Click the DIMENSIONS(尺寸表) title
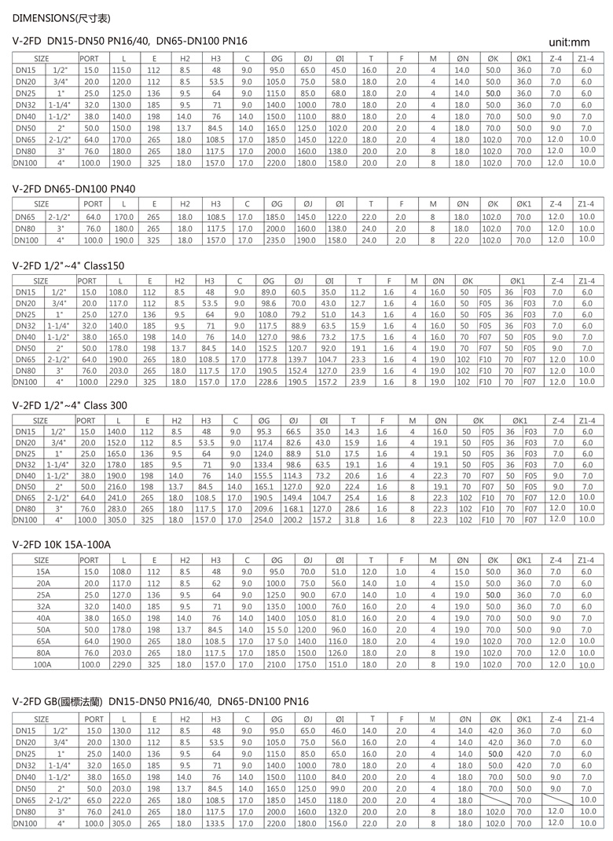(60, 16)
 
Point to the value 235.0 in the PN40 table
(274, 240)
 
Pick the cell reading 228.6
(268, 382)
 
